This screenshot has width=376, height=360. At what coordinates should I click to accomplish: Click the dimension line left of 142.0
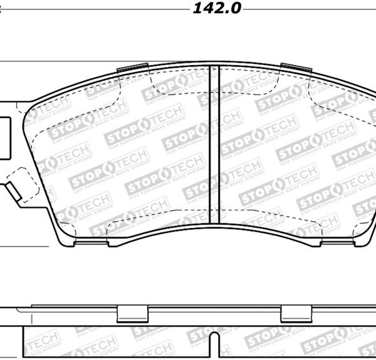pos(94,10)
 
